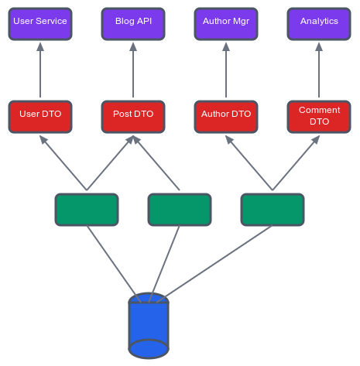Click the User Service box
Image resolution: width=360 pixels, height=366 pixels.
tap(40, 24)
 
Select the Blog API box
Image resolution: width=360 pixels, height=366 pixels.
tap(133, 24)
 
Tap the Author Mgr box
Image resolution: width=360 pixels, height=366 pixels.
tap(226, 24)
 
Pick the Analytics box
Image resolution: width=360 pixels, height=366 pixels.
tap(319, 24)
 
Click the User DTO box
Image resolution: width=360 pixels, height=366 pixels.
tap(40, 117)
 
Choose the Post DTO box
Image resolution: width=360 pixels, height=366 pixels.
tap(133, 117)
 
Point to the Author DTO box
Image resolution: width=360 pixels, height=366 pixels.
tap(226, 117)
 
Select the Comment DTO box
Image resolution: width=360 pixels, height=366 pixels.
tap(319, 117)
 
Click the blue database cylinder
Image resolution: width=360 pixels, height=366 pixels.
tap(149, 326)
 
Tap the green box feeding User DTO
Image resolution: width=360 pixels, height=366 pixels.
tap(87, 210)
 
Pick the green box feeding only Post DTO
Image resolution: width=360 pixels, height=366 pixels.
tap(180, 210)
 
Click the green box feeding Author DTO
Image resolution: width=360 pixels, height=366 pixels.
tap(273, 210)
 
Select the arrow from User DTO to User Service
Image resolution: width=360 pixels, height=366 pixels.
tap(40, 70)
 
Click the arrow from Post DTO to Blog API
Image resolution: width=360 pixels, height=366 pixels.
tap(133, 70)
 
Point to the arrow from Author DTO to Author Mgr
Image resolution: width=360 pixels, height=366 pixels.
tap(226, 70)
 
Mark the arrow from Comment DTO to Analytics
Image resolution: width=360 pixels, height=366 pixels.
tap(319, 70)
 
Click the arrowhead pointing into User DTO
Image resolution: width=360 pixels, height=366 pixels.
tap(43, 139)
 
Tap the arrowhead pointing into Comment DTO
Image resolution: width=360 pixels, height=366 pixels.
tap(316, 139)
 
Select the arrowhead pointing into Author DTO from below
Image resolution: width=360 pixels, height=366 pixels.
tap(229, 139)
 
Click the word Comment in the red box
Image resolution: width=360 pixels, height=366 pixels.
tap(319, 110)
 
